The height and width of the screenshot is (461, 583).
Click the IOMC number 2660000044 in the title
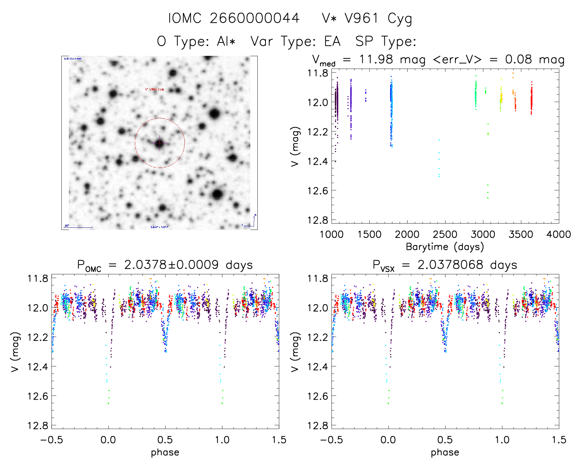(254, 18)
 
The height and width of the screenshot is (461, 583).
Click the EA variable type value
(332, 41)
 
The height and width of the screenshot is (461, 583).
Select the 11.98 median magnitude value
(376, 59)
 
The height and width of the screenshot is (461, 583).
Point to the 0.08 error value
(518, 59)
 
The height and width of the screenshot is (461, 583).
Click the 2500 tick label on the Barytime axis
(445, 235)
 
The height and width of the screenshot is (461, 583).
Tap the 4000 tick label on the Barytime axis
(559, 235)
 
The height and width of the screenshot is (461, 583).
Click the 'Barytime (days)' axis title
(445, 247)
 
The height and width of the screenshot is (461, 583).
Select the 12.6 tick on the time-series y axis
(318, 191)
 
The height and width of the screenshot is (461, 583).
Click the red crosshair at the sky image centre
(160, 143)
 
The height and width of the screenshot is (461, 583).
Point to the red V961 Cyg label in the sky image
(154, 89)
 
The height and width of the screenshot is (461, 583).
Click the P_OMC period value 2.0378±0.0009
(171, 265)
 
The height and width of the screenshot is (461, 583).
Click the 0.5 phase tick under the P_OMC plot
(165, 440)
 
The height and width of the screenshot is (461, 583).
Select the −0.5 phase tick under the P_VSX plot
(331, 440)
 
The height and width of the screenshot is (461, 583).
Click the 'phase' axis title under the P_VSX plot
(445, 452)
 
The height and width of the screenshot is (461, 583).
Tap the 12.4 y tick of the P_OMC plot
(38, 367)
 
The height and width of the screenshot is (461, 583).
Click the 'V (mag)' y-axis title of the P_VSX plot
(295, 352)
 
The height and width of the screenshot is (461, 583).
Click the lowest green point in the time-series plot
(488, 198)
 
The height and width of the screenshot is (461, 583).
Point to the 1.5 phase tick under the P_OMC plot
(279, 440)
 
